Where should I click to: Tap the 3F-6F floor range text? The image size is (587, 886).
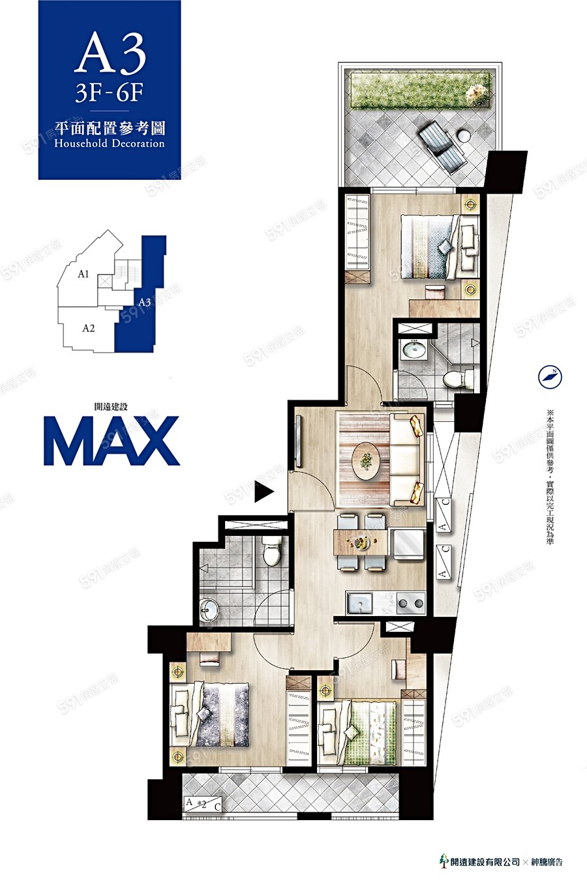coord(109,93)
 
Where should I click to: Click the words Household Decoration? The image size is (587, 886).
coord(110,143)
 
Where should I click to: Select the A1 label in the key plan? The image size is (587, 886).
coord(83,274)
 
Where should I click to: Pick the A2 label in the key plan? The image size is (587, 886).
coord(89,329)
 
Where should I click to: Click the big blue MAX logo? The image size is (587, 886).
coord(112,441)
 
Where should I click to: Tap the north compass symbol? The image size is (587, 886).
coord(550,376)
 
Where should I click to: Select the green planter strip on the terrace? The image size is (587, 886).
coord(420,90)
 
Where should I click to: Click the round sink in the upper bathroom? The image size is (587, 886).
coord(414,350)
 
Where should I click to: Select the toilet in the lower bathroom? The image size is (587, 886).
coord(271,552)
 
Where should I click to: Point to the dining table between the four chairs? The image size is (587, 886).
coord(361,542)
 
